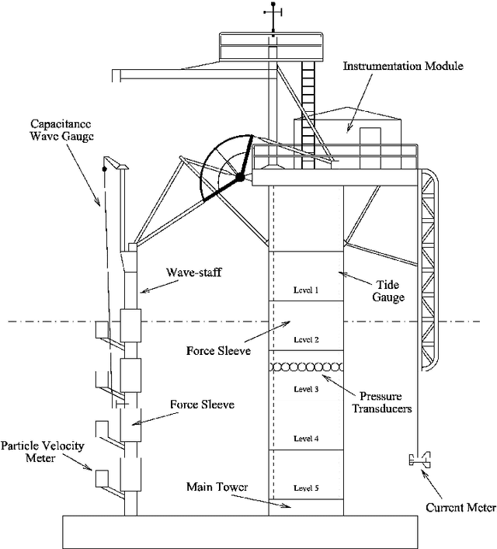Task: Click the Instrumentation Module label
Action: (403, 67)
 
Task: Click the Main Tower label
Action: (217, 487)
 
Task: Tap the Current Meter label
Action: (461, 509)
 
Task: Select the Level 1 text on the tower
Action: (306, 290)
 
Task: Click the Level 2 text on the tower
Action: (306, 339)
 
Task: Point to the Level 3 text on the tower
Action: (306, 388)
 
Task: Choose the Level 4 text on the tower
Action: (306, 439)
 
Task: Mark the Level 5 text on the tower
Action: (306, 488)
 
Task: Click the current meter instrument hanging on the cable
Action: (419, 460)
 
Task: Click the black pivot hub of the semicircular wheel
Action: (241, 179)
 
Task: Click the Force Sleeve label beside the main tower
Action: (217, 349)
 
